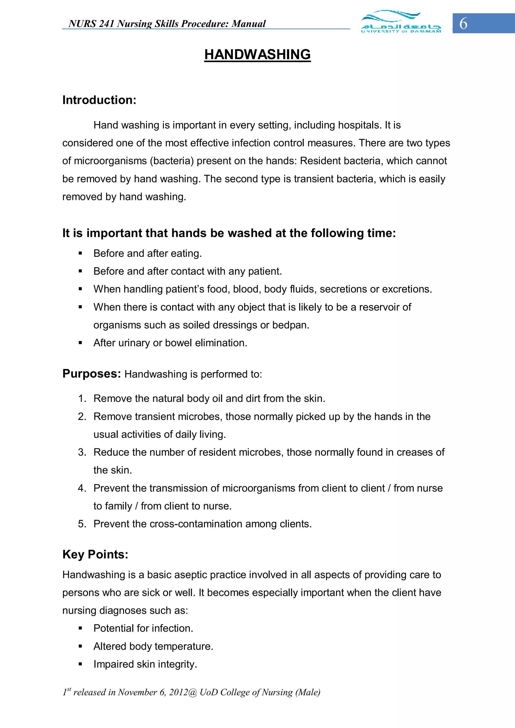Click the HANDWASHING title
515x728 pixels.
(257, 55)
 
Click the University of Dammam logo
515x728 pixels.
(401, 22)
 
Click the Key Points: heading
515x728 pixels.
(95, 554)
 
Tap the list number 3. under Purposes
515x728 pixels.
(82, 452)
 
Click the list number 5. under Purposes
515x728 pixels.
(82, 524)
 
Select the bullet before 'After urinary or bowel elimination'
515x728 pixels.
(80, 343)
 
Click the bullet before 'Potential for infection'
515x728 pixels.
(80, 628)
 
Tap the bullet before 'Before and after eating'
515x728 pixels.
(80, 254)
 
